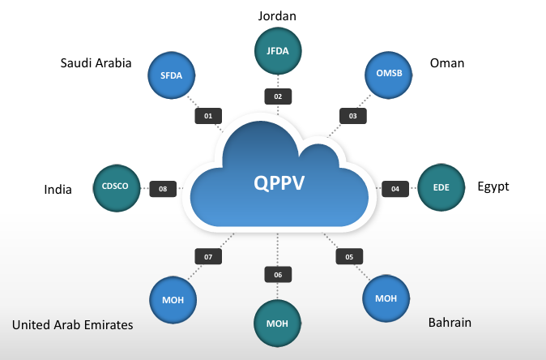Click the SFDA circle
click(x=171, y=77)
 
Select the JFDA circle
click(x=278, y=52)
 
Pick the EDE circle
click(x=441, y=188)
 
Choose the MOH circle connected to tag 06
click(x=278, y=324)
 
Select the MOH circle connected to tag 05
click(x=386, y=298)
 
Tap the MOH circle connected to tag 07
click(x=173, y=301)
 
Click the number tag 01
click(x=208, y=116)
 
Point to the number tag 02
click(x=278, y=96)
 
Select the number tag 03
click(x=352, y=116)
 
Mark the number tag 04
click(x=395, y=189)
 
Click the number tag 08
click(x=163, y=189)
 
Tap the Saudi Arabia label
click(x=96, y=63)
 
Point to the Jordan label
click(x=278, y=15)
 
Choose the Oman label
click(x=446, y=63)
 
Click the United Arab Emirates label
click(x=72, y=325)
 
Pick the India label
click(x=58, y=190)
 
